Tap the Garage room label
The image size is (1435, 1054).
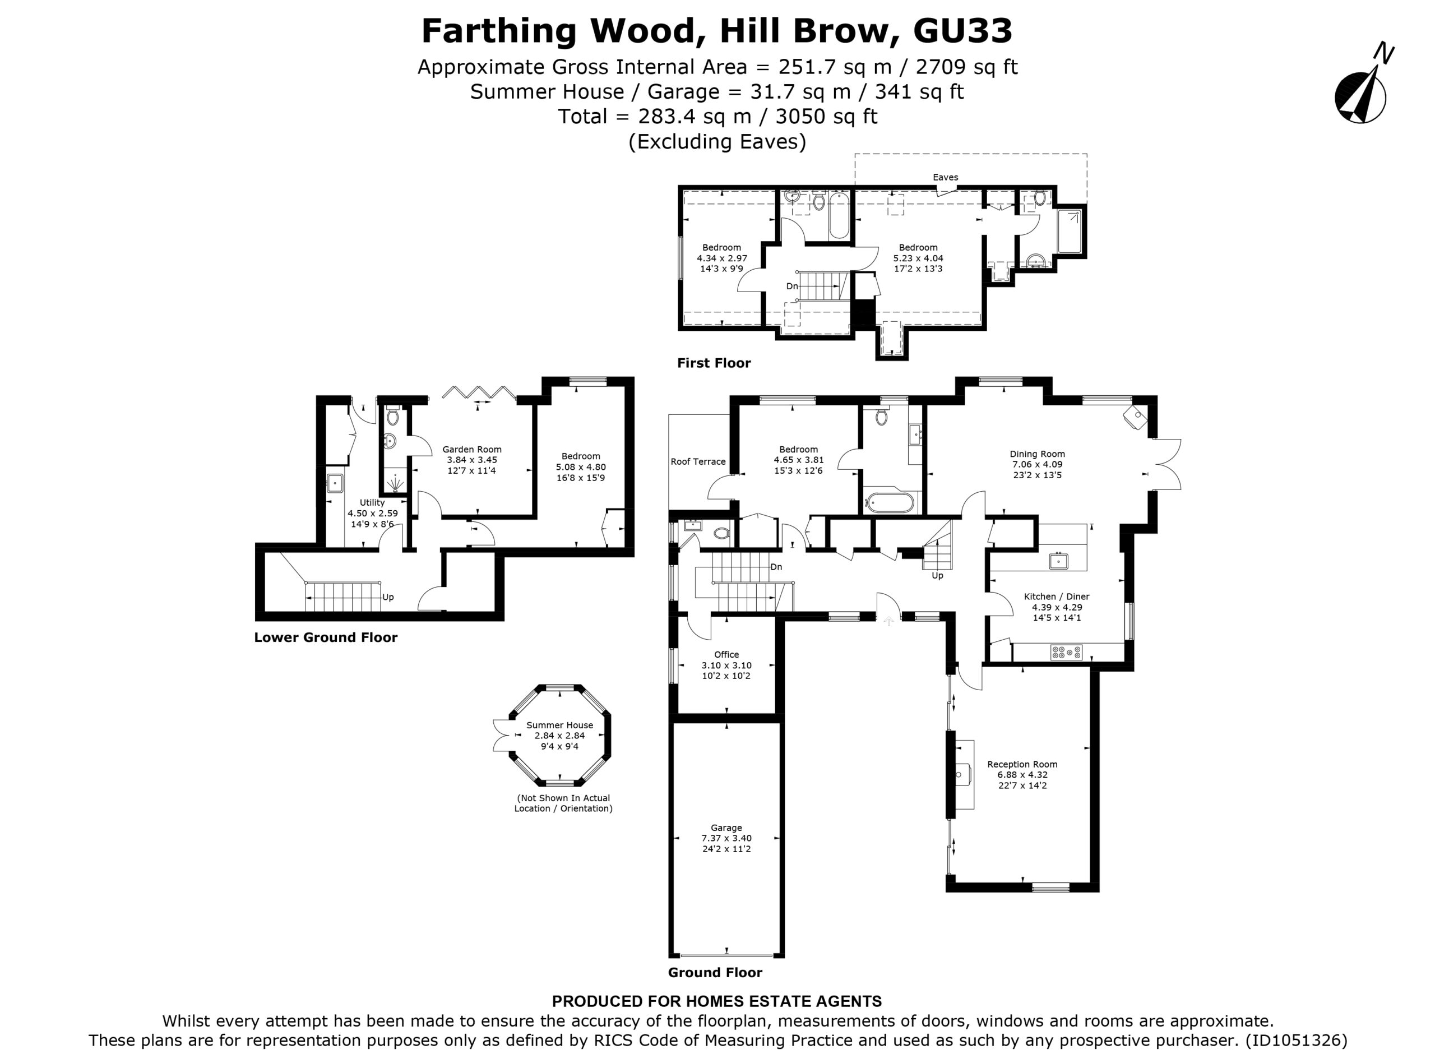point(726,828)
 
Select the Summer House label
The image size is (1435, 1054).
point(559,725)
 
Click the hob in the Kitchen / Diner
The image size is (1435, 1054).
point(1066,652)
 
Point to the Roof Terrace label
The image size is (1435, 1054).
point(698,461)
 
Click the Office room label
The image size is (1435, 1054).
point(726,654)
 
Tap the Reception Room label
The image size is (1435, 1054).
point(1022,764)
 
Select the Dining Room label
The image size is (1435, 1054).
point(1037,454)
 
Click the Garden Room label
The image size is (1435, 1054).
point(472,449)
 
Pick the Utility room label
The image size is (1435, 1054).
point(372,502)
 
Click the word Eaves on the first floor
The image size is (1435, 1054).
point(945,177)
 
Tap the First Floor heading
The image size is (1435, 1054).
point(714,363)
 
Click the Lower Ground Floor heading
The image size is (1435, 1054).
point(325,637)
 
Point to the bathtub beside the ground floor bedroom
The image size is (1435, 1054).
point(888,502)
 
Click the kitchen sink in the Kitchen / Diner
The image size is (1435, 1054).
point(1059,561)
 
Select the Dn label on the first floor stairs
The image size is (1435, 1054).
point(791,286)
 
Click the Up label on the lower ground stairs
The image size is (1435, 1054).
point(388,597)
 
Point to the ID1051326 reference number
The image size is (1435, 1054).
point(1296,1041)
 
